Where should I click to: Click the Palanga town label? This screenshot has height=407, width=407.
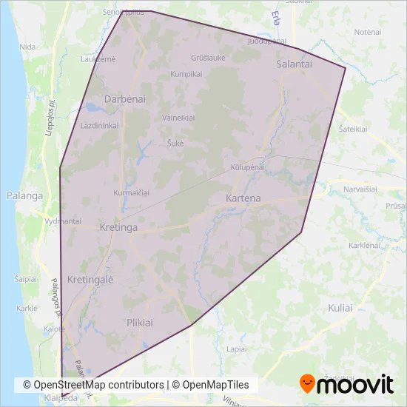tap(24, 196)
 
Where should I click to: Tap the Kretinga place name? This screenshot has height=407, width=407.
tap(118, 228)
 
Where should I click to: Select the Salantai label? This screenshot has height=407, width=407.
tap(295, 64)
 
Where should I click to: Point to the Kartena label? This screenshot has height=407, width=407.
tap(243, 199)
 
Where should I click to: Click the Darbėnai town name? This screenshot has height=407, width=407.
tap(124, 98)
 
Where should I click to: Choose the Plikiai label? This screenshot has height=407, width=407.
tap(139, 323)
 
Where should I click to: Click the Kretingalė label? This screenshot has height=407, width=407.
tap(90, 280)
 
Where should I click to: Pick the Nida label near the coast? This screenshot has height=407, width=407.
tap(28, 47)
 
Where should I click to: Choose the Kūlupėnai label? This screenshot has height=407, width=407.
tap(247, 167)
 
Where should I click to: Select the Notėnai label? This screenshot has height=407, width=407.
tap(367, 33)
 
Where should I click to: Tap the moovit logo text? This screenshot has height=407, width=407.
tap(355, 384)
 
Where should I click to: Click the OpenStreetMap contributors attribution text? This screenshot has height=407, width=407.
tap(93, 385)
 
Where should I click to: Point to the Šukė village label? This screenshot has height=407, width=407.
tap(175, 143)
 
